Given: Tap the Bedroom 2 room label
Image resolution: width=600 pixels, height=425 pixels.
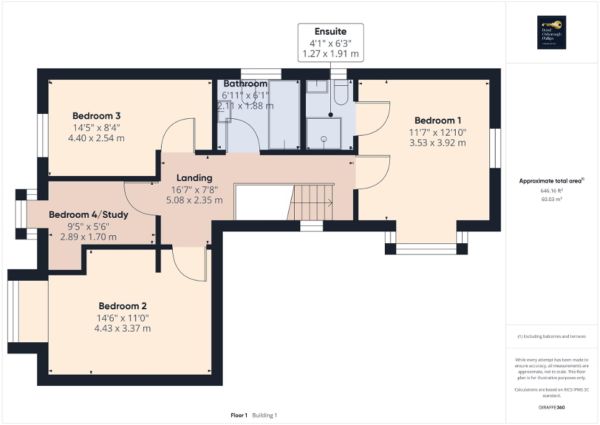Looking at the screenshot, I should pyautogui.click(x=122, y=306).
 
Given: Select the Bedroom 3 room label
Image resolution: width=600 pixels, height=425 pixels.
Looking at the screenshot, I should pyautogui.click(x=96, y=116).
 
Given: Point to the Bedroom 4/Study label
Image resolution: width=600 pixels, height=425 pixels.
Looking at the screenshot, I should pyautogui.click(x=88, y=215).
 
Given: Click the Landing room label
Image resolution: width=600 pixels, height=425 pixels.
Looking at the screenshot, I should pyautogui.click(x=194, y=178).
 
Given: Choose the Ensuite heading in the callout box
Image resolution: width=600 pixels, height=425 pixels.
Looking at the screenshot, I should pyautogui.click(x=330, y=31).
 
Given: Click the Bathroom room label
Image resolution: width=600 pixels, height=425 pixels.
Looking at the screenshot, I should pyautogui.click(x=246, y=83).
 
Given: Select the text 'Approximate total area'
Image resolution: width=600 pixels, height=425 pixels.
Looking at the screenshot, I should pyautogui.click(x=551, y=181).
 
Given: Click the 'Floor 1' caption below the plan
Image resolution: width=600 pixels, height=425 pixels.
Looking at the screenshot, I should pyautogui.click(x=238, y=415).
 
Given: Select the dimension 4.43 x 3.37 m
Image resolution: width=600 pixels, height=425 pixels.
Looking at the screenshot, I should pyautogui.click(x=122, y=329).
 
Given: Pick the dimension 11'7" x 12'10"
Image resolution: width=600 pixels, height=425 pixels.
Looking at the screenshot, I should pyautogui.click(x=437, y=132).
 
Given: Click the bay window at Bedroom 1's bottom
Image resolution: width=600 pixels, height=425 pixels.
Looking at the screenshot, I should pyautogui.click(x=426, y=248).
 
